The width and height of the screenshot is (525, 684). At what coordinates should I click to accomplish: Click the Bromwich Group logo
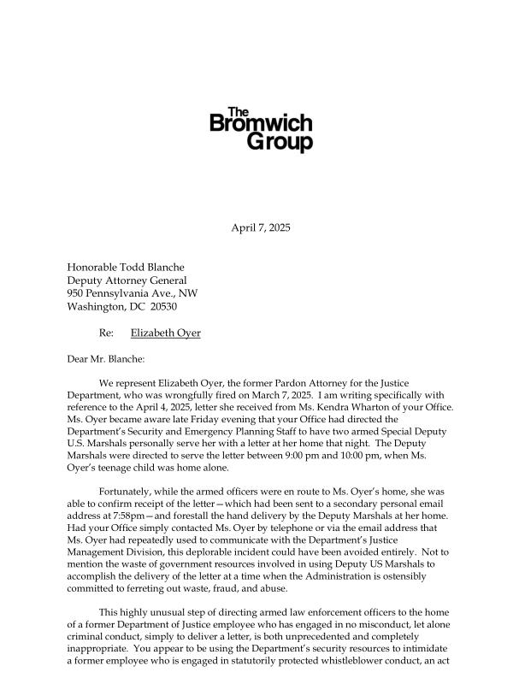pos(262,131)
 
